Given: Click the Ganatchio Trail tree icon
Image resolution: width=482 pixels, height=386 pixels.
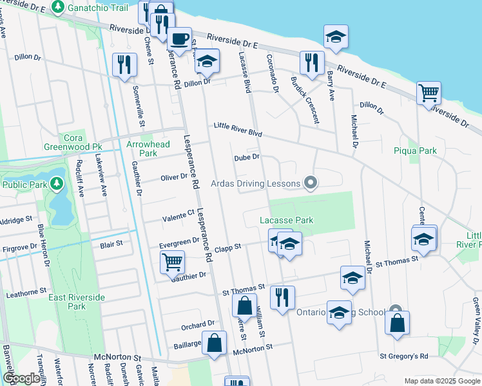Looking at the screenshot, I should pyautogui.click(x=58, y=7).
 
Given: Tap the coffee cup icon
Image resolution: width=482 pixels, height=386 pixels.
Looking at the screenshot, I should pyautogui.click(x=179, y=38).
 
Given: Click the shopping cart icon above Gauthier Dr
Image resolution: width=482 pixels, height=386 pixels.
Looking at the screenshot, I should pyautogui.click(x=173, y=262).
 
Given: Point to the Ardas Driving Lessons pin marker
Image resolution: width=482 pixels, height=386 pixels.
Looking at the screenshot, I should pyautogui.click(x=311, y=183).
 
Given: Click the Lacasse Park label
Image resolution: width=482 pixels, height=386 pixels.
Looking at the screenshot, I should pyautogui.click(x=286, y=220).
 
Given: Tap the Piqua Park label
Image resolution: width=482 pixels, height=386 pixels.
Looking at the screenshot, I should pyautogui.click(x=414, y=151).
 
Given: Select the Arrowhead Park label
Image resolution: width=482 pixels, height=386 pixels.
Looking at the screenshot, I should pyautogui.click(x=148, y=149).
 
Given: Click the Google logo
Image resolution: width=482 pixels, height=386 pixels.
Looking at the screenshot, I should pyautogui.click(x=21, y=378).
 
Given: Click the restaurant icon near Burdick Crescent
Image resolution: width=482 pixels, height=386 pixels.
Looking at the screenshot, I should pyautogui.click(x=311, y=63).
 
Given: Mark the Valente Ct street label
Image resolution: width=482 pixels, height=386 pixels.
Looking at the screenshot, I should pyautogui.click(x=181, y=214).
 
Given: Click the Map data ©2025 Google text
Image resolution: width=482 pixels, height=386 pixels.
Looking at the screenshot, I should pyautogui.click(x=441, y=381).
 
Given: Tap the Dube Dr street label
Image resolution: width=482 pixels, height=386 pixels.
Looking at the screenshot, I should pyautogui.click(x=246, y=157).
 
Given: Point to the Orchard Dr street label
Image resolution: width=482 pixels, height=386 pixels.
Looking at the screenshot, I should pyautogui.click(x=197, y=324).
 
